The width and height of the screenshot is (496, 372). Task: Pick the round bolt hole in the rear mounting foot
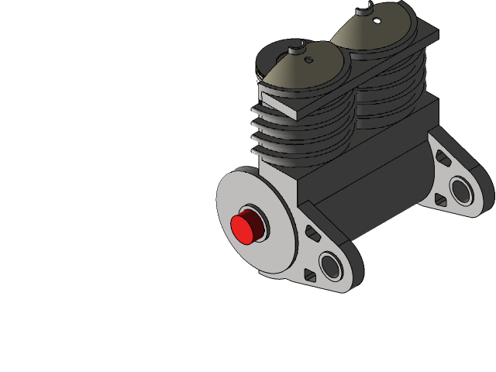coord(462,190)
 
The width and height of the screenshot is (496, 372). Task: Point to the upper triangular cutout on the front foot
coord(312,232)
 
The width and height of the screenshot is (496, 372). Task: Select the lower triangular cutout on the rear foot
coord(443,200)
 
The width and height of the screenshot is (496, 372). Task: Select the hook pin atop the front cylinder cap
coord(295,50)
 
